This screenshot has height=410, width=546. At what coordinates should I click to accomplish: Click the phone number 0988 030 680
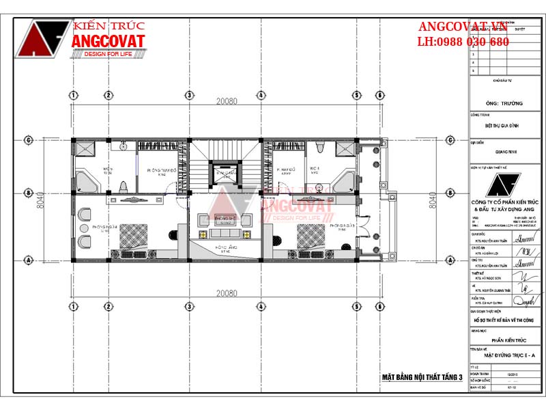tap(473, 42)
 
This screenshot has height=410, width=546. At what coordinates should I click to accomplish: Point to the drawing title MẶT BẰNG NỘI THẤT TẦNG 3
tap(422, 377)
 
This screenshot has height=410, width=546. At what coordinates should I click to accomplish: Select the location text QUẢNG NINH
tap(505, 143)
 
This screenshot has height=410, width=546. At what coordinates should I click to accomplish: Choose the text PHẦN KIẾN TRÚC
tap(505, 339)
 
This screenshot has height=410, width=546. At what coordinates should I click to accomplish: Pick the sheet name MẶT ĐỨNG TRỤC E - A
tap(505, 355)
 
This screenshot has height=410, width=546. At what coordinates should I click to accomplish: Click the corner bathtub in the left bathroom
tap(86, 182)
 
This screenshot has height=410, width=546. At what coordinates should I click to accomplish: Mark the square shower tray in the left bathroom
tap(86, 151)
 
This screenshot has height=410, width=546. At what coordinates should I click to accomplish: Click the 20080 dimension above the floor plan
tap(227, 101)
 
